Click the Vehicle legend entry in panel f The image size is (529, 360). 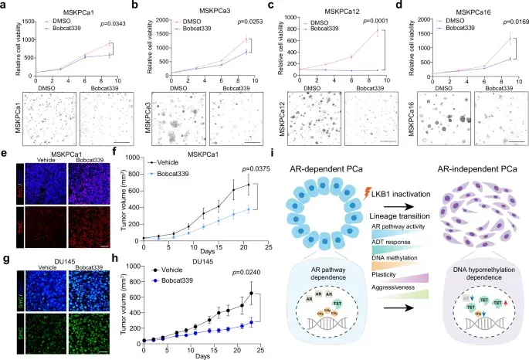coord(171,164)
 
